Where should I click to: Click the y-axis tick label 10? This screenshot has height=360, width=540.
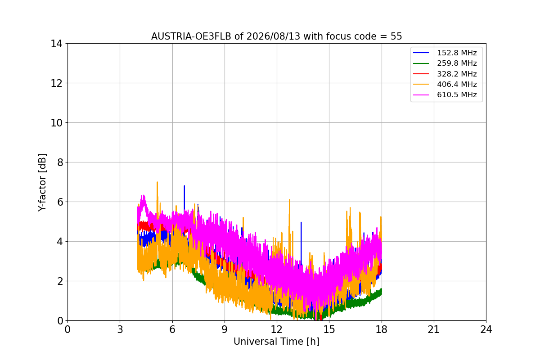pyautogui.click(x=56, y=123)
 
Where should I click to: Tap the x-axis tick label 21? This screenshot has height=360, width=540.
pyautogui.click(x=434, y=329)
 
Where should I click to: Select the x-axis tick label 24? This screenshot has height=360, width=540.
pyautogui.click(x=486, y=329)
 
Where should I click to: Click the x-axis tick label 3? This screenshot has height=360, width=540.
pyautogui.click(x=120, y=329)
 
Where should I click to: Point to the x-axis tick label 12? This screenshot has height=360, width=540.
pyautogui.click(x=277, y=329)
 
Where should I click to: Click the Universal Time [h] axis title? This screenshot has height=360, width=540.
pyautogui.click(x=276, y=342)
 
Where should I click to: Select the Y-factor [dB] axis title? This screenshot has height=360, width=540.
pyautogui.click(x=42, y=183)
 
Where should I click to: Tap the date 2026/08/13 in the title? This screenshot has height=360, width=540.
pyautogui.click(x=274, y=36)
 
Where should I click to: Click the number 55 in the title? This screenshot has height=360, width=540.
pyautogui.click(x=396, y=36)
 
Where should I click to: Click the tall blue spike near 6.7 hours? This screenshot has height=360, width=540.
pyautogui.click(x=184, y=186)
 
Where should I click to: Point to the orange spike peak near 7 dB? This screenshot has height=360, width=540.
pyautogui.click(x=157, y=182)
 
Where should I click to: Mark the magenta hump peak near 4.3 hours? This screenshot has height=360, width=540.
pyautogui.click(x=144, y=196)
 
